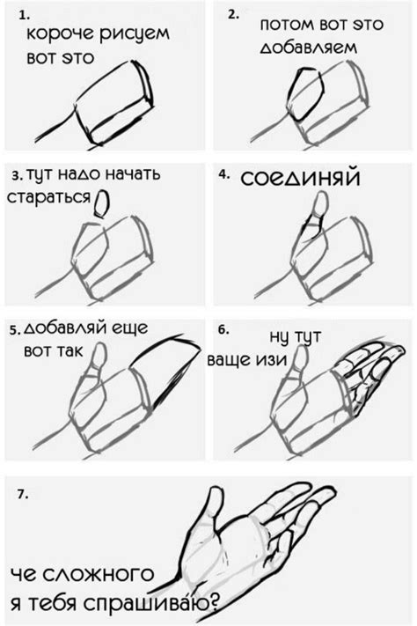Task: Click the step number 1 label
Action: (x=24, y=16)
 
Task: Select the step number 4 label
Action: (x=223, y=174)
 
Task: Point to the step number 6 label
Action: (x=223, y=329)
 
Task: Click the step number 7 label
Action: (x=22, y=495)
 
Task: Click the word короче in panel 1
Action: (x=62, y=38)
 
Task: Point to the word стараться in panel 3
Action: (x=48, y=198)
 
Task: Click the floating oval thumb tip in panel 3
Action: (x=101, y=204)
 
